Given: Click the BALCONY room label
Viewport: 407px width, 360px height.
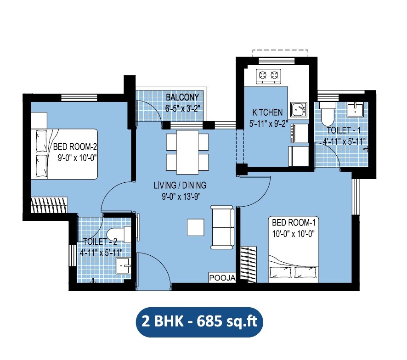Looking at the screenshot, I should [182, 97].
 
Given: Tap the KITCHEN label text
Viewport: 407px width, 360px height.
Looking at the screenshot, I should [267, 112].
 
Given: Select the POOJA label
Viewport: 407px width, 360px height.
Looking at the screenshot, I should [222, 278].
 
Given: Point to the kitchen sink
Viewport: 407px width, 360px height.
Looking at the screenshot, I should [298, 109].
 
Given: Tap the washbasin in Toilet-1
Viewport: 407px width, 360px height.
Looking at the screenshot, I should [355, 109].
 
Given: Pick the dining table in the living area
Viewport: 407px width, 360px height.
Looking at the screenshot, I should [187, 150].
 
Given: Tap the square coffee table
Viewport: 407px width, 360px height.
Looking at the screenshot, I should [196, 227].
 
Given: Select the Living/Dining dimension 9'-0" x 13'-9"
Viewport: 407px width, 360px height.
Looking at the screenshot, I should [179, 195].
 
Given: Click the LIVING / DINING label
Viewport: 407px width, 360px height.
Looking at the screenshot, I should [180, 186].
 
